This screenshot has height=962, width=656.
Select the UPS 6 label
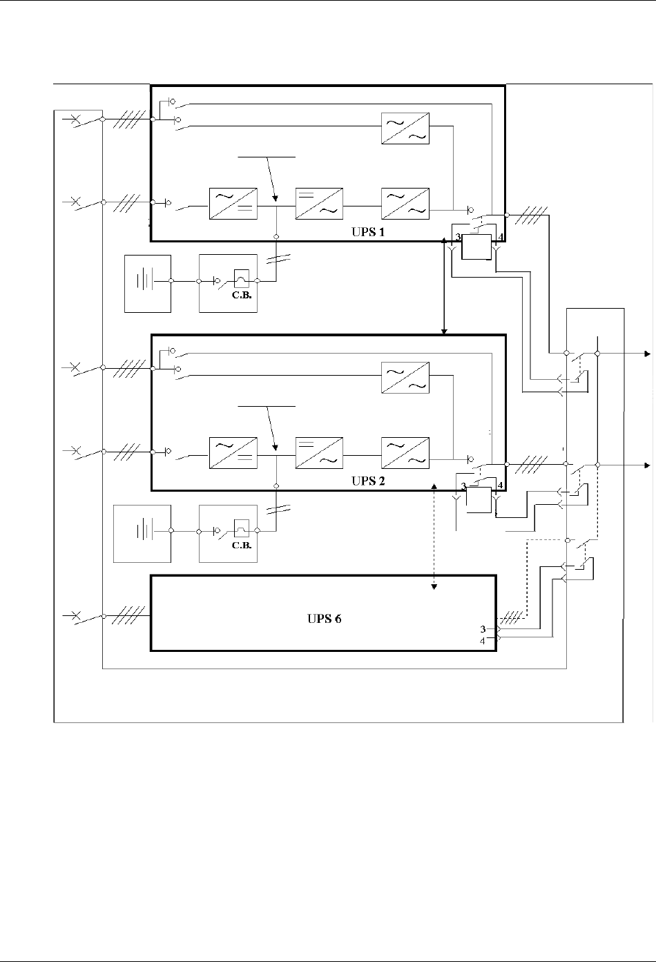[325, 619]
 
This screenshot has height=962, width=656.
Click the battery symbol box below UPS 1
[147, 283]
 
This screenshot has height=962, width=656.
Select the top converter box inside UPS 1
[405, 128]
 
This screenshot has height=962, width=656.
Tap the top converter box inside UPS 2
[405, 376]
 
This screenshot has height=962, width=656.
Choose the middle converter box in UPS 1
[319, 203]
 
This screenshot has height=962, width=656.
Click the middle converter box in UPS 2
[319, 454]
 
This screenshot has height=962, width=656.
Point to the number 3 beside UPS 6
[483, 629]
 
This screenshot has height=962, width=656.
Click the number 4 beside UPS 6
[483, 642]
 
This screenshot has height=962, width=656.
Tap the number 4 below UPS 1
[500, 238]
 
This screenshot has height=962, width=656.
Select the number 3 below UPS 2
[463, 485]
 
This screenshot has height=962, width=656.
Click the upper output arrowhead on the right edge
[647, 354]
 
